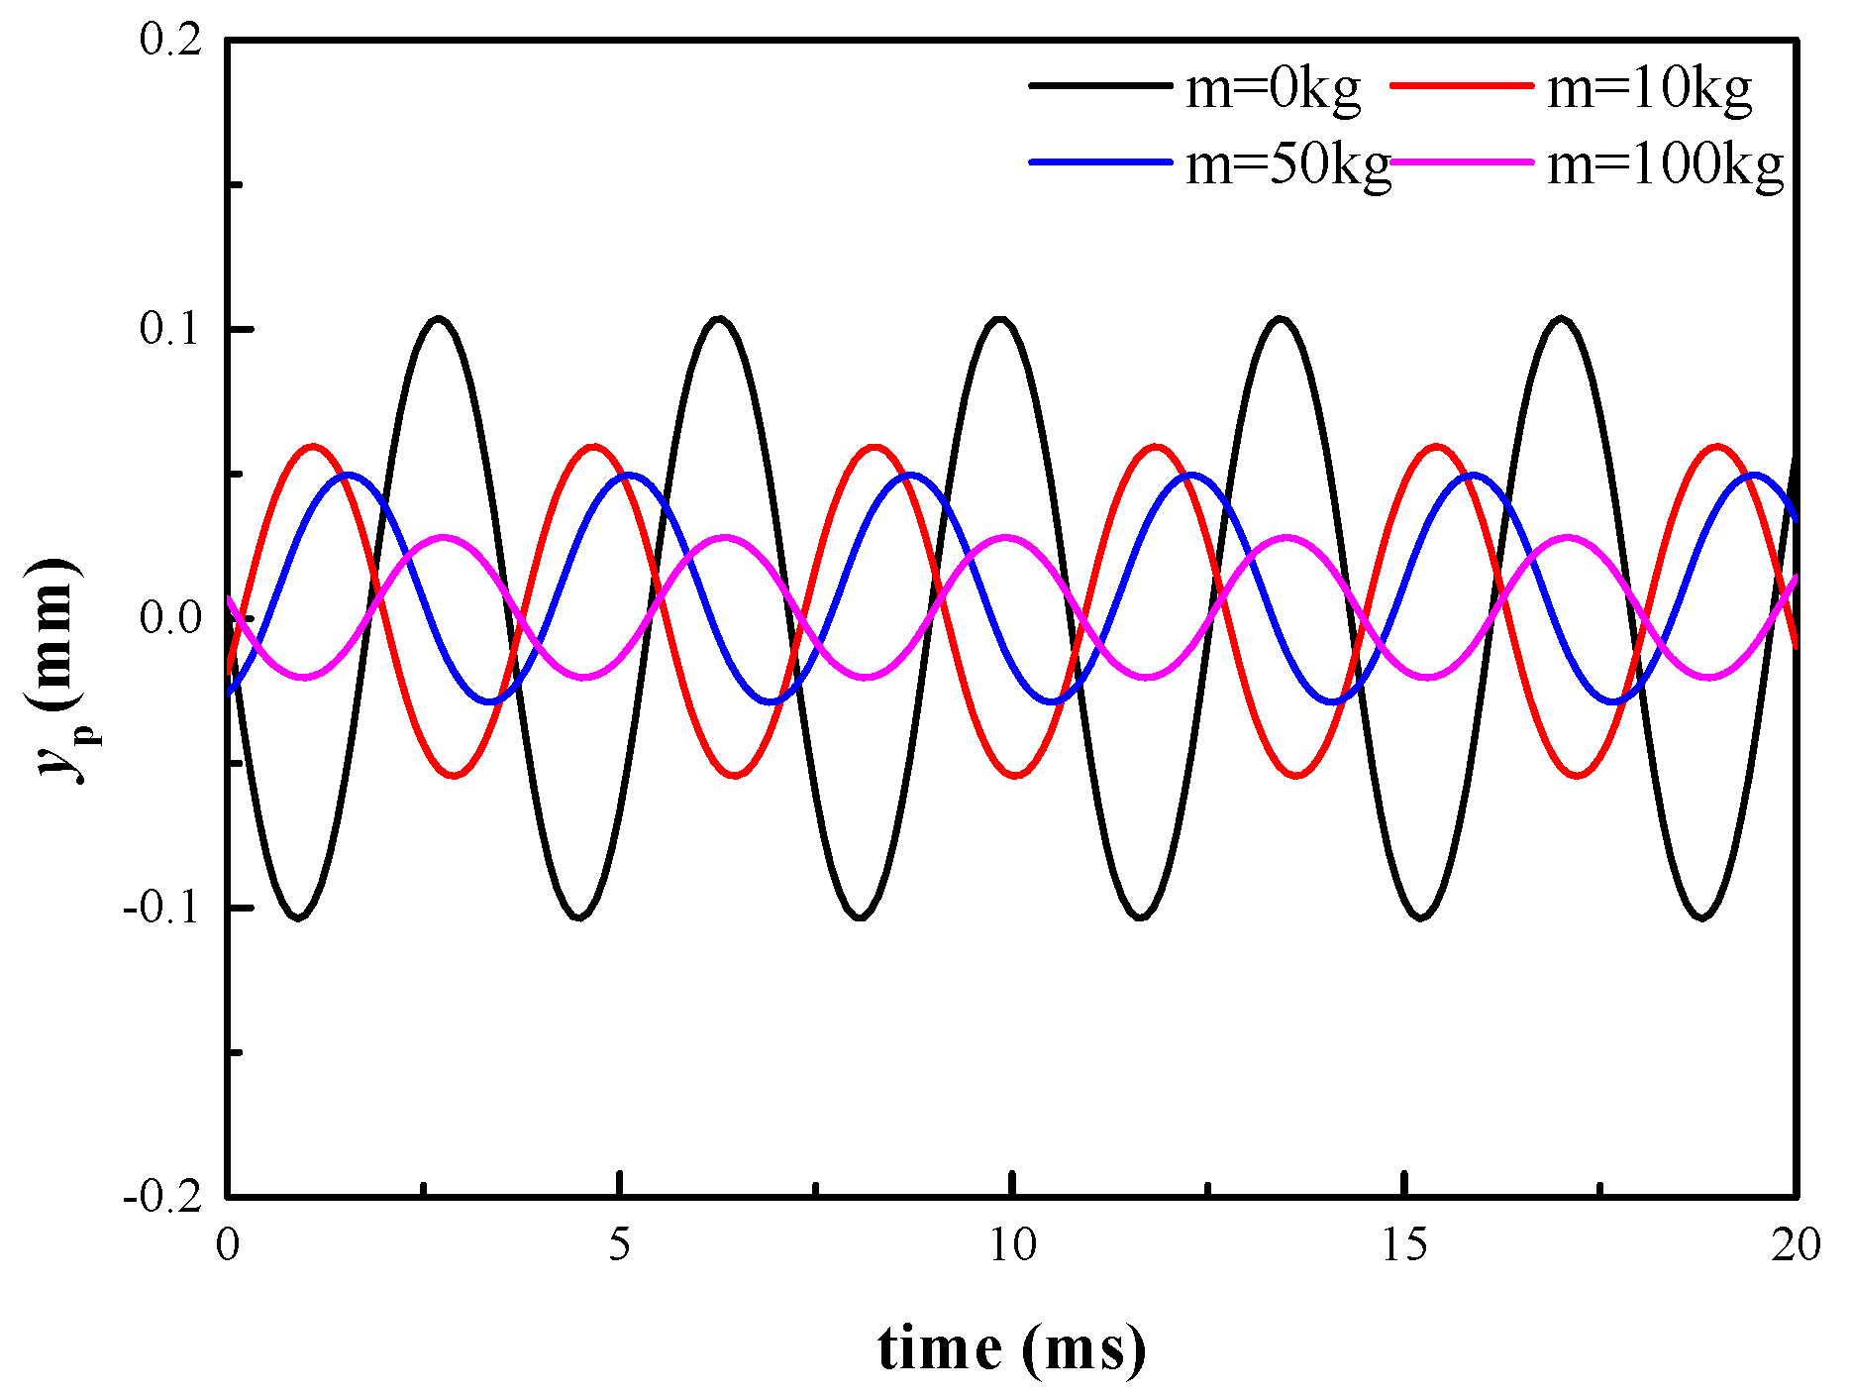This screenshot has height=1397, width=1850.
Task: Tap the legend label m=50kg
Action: (x=1287, y=164)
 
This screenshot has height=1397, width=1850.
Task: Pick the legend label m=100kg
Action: (x=1665, y=164)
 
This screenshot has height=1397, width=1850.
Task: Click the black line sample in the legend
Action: (x=1099, y=86)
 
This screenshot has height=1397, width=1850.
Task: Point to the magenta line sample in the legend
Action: (x=1462, y=161)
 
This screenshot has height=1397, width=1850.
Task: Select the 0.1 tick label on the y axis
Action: (x=170, y=329)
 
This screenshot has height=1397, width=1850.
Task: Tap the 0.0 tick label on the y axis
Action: (x=170, y=618)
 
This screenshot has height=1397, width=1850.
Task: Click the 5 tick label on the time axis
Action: (x=620, y=1245)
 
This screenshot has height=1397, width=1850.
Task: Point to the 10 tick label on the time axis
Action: (x=1012, y=1245)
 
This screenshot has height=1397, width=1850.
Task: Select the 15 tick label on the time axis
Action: (x=1404, y=1245)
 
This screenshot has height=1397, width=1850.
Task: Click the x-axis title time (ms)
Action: (x=1012, y=1348)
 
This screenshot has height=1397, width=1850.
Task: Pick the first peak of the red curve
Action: (x=314, y=447)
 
